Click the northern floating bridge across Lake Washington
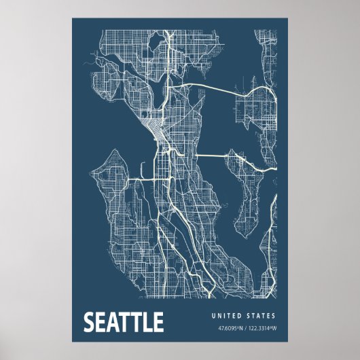point(217,86)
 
